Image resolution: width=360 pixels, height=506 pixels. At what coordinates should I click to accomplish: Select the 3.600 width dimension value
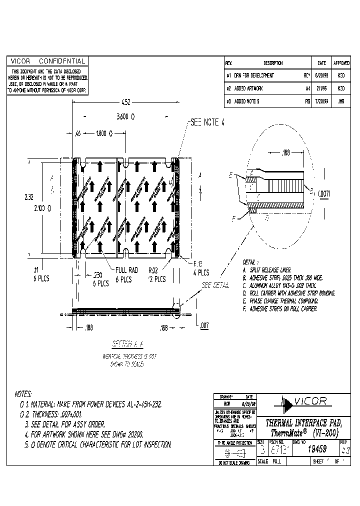point(125,116)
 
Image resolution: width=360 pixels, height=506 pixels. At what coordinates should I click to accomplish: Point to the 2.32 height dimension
point(29,197)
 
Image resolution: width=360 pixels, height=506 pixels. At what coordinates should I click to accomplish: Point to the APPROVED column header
point(341,63)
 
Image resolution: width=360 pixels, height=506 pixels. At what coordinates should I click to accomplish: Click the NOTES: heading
point(23,394)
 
